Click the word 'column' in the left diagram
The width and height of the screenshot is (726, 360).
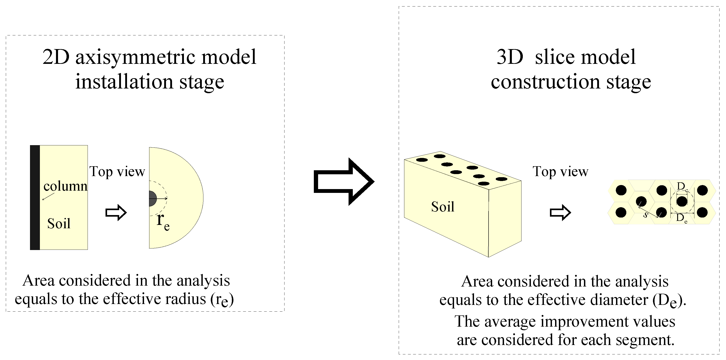click(x=65, y=186)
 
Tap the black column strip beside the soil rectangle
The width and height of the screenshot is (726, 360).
click(x=35, y=197)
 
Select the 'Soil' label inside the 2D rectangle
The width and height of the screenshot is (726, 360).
click(x=59, y=224)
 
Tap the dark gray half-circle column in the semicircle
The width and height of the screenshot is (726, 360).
click(x=152, y=198)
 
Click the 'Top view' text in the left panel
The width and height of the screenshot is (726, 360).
click(x=117, y=171)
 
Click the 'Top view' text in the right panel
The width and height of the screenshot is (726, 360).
click(x=560, y=171)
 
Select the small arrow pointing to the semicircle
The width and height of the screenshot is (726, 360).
click(x=116, y=213)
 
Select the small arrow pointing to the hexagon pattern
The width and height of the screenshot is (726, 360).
click(x=560, y=213)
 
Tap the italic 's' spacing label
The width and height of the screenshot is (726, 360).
click(x=645, y=215)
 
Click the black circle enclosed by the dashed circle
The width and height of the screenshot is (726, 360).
click(x=682, y=201)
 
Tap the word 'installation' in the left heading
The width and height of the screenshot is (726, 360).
click(x=124, y=82)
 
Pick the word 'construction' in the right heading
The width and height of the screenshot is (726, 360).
click(x=545, y=82)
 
